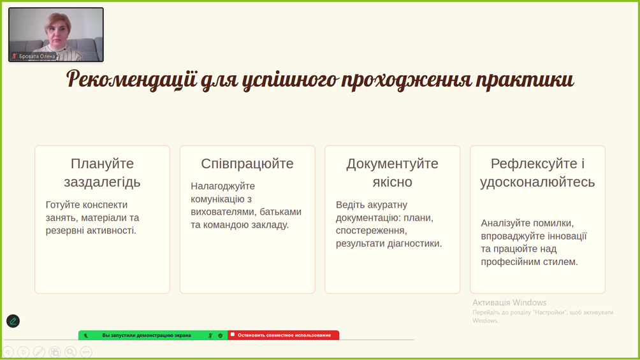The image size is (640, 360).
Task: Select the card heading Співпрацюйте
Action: tap(247, 164)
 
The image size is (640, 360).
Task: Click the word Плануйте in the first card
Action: tap(102, 164)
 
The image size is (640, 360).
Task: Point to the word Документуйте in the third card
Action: tap(392, 164)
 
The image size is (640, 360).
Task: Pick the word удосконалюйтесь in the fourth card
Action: tap(537, 182)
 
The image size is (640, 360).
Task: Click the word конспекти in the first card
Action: tap(105, 205)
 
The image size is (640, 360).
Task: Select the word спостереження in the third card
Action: tap(371, 231)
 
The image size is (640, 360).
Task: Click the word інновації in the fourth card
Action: tap(567, 236)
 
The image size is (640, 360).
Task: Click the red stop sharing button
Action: tap(283, 335)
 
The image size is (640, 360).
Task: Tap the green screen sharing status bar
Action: tap(153, 335)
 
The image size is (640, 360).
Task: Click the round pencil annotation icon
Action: tap(13, 321)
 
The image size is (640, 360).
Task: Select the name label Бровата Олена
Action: tap(37, 56)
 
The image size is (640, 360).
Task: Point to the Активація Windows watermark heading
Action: tap(509, 303)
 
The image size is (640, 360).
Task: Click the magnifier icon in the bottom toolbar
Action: tap(71, 352)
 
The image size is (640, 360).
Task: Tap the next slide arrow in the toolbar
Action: tap(23, 352)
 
